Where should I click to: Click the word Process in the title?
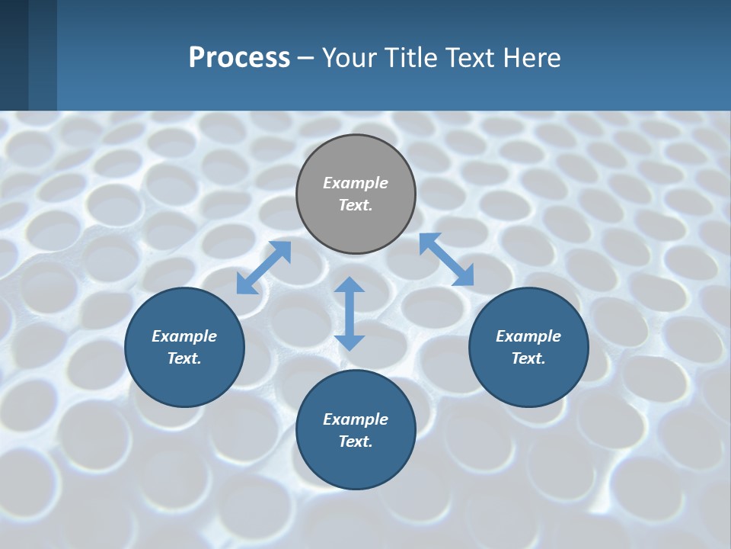pos(239,58)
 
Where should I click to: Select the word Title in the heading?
pos(414,58)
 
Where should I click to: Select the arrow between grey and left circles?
pos(263,268)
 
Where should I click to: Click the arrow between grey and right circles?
pos(446,259)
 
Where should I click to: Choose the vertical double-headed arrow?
pos(350,313)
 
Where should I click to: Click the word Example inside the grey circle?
pos(356,183)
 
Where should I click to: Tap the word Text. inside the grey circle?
pos(356,205)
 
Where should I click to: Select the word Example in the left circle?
pos(184,336)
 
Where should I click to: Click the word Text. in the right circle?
pos(528,358)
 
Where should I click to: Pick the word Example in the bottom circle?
pos(356,419)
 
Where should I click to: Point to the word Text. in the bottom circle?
pos(356,441)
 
